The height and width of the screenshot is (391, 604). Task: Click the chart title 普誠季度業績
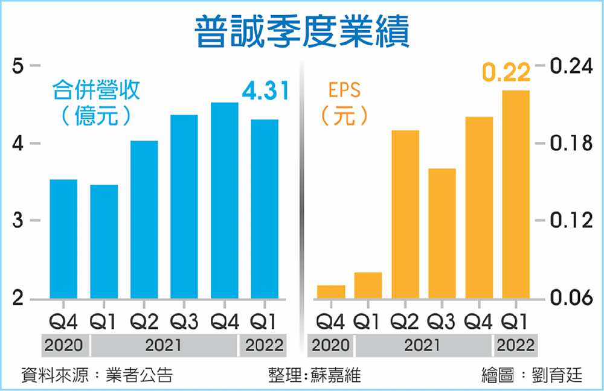[x=302, y=31]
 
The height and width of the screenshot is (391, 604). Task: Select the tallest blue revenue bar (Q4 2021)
[x=225, y=200]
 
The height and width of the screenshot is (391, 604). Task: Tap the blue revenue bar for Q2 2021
[x=144, y=220]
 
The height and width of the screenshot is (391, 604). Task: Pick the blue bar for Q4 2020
[x=63, y=239]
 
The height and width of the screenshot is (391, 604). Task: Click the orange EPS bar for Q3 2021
[x=442, y=234]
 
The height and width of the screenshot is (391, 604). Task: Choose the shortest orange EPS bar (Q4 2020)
[x=331, y=292]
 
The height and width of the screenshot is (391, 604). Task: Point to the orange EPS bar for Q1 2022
[x=516, y=194]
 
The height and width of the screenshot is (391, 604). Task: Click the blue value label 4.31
[x=265, y=92]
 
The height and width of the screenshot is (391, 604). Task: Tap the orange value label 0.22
[x=506, y=73]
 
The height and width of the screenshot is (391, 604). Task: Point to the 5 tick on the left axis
[x=18, y=65]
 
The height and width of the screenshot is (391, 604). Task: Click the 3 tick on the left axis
[x=18, y=221]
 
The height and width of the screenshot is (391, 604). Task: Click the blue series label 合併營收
[x=96, y=91]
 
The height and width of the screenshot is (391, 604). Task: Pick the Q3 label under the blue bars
[x=184, y=321]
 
